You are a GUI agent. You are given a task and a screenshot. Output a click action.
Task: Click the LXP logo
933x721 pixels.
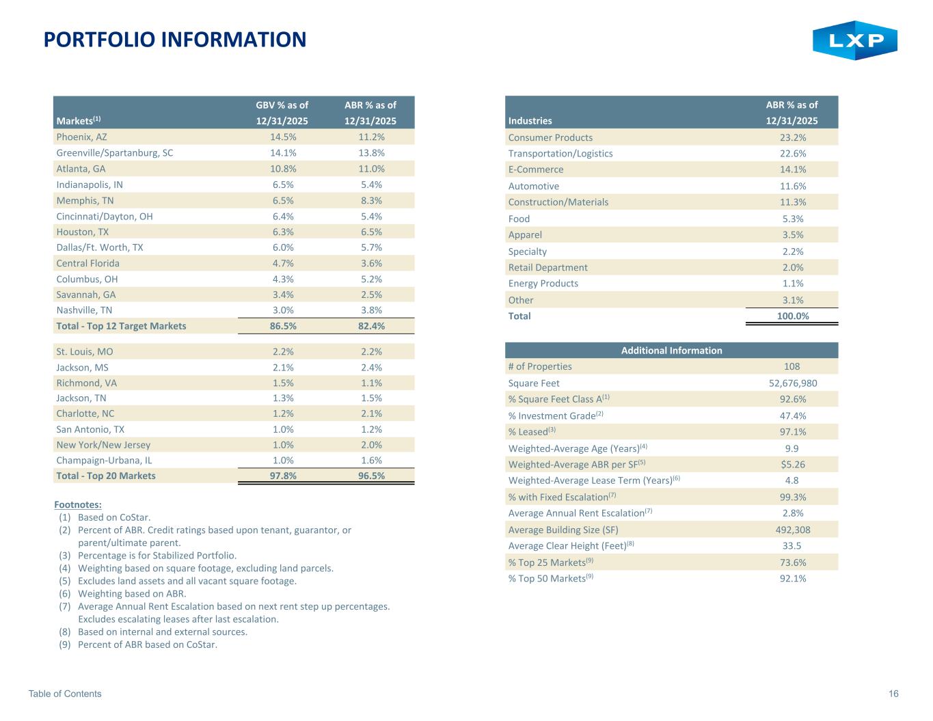[854, 40]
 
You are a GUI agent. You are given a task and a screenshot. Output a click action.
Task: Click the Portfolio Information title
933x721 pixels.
[175, 40]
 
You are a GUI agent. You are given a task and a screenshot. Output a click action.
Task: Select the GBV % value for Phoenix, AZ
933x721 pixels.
[282, 137]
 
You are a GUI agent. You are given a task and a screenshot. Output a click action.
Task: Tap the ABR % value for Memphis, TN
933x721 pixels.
[371, 201]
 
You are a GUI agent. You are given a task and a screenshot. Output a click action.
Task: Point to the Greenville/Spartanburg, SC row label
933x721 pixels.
[115, 153]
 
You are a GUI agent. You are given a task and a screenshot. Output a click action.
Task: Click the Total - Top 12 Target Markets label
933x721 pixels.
[121, 326]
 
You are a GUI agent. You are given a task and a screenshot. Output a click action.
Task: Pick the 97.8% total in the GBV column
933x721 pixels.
[283, 476]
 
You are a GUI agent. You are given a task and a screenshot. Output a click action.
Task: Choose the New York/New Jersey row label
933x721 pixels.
[103, 445]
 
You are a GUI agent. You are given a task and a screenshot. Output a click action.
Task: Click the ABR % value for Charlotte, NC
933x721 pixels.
[371, 413]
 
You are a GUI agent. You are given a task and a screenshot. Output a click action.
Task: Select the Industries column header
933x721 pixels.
[530, 121]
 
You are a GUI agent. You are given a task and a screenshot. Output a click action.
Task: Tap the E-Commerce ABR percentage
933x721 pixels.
[793, 169]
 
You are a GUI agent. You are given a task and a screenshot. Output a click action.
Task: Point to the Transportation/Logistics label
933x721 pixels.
[560, 154]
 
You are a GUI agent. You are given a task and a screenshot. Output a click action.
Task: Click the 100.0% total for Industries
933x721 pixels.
[793, 316]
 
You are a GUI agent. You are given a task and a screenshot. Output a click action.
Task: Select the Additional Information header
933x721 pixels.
[671, 351]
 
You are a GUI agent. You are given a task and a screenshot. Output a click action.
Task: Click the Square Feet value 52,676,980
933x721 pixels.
[793, 383]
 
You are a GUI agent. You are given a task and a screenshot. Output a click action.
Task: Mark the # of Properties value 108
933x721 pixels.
[792, 366]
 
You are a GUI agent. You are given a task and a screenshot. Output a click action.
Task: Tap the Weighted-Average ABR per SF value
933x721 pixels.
[793, 465]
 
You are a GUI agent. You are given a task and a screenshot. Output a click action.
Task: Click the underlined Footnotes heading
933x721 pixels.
[78, 505]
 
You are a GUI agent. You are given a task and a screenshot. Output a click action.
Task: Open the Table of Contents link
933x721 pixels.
[65, 694]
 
